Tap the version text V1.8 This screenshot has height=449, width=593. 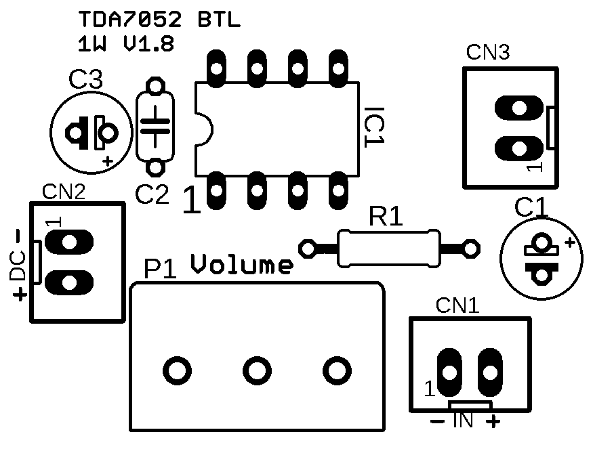pyautogui.click(x=148, y=44)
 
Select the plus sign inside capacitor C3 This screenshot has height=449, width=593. pyautogui.click(x=106, y=161)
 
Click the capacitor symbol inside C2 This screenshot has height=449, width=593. pyautogui.click(x=156, y=126)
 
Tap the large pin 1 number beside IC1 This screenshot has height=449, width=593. pyautogui.click(x=192, y=201)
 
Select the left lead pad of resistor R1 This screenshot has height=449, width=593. pyautogui.click(x=309, y=249)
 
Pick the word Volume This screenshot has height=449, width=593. pyautogui.click(x=242, y=265)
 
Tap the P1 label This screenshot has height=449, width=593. pyautogui.click(x=160, y=270)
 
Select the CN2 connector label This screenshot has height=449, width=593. pyautogui.click(x=64, y=192)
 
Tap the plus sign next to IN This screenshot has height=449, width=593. pyautogui.click(x=493, y=422)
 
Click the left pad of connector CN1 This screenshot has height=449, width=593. pyautogui.click(x=449, y=372)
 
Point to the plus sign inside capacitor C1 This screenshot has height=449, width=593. pyautogui.click(x=570, y=242)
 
